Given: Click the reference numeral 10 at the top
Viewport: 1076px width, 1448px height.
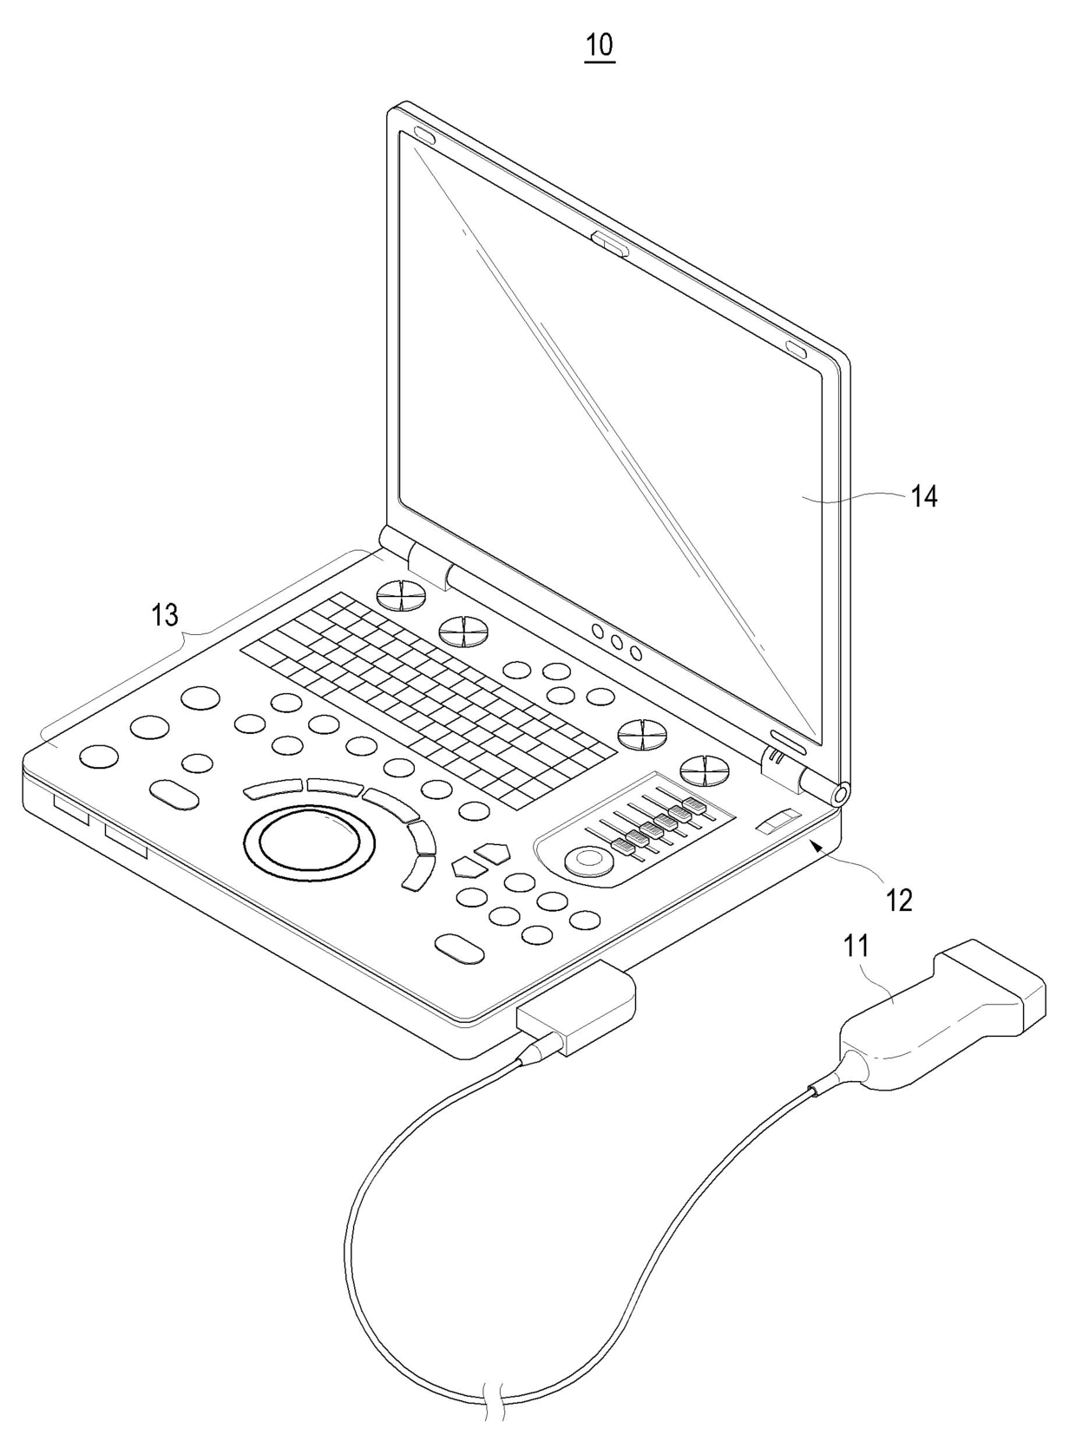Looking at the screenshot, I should click(600, 44).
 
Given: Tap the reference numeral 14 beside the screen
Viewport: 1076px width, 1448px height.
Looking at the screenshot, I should click(923, 496).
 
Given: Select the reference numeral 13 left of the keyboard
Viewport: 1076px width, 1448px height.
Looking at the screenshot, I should click(165, 615).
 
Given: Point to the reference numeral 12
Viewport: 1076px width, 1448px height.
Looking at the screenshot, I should click(900, 901).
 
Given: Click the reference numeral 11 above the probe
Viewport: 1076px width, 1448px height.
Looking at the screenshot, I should click(856, 945).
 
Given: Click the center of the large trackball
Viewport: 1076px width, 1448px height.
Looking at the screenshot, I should click(310, 841).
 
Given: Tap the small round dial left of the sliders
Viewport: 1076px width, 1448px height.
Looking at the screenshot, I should click(587, 860).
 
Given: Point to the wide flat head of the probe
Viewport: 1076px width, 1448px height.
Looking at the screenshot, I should click(995, 978).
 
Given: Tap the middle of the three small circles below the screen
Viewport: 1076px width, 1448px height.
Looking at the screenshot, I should click(617, 641).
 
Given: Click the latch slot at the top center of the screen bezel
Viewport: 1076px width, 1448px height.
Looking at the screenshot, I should click(610, 243).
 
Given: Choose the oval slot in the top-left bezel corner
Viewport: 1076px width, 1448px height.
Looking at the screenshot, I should click(424, 135).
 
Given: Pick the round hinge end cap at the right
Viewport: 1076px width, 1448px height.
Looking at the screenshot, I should click(839, 792).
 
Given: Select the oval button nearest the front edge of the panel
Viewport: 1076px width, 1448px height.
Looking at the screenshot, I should click(459, 948).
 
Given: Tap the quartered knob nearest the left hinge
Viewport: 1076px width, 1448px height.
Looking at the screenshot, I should click(402, 593).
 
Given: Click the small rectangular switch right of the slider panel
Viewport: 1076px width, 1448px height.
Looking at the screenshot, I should click(778, 821).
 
